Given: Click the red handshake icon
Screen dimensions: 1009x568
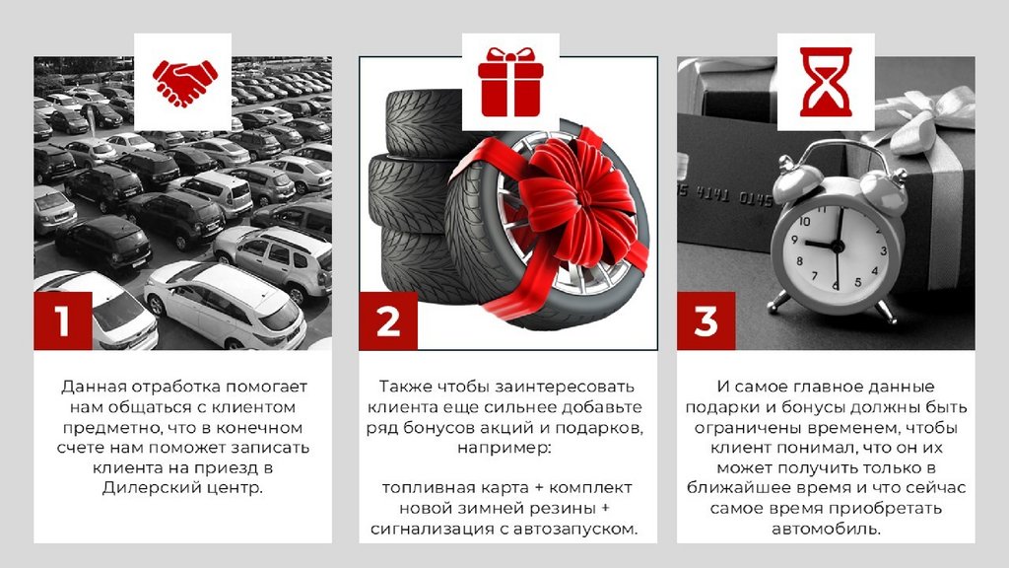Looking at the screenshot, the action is pyautogui.click(x=184, y=83).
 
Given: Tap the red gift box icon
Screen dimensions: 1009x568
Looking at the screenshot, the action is pyautogui.click(x=510, y=82).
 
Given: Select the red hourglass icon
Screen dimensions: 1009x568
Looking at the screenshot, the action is pyautogui.click(x=826, y=82).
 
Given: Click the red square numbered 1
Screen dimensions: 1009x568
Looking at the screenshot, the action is pyautogui.click(x=62, y=320).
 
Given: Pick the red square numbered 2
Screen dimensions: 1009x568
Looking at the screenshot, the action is pyautogui.click(x=388, y=320).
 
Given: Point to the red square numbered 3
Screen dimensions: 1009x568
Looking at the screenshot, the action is pyautogui.click(x=706, y=320).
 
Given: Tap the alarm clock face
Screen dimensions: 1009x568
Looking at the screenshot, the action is pyautogui.click(x=837, y=248).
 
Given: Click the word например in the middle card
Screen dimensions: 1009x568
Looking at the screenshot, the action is pyautogui.click(x=504, y=448).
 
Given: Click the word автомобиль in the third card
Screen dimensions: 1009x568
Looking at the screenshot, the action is pyautogui.click(x=827, y=530).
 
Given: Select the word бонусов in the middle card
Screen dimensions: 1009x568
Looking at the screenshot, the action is pyautogui.click(x=430, y=428).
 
